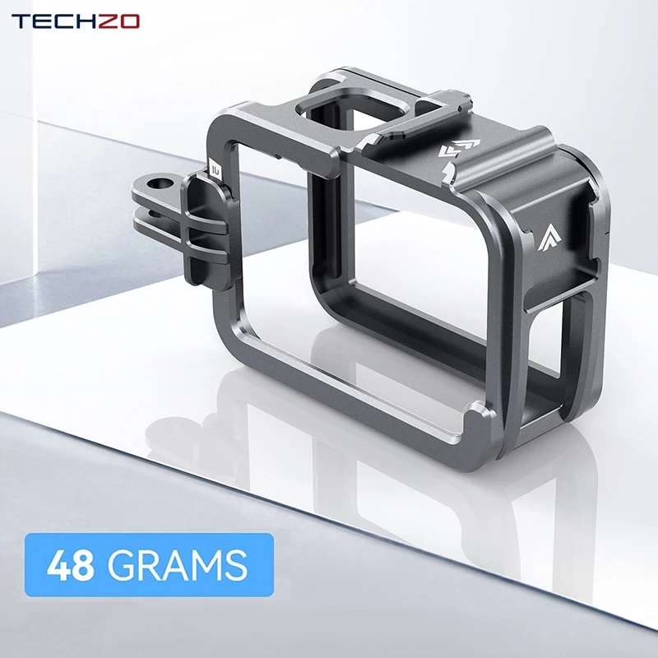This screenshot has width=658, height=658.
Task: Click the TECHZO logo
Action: [76, 21]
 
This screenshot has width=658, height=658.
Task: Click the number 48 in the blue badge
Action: [71, 565]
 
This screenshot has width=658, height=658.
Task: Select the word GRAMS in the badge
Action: [178, 565]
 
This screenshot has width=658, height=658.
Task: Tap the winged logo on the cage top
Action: [459, 148]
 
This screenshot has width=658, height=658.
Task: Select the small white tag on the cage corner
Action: [216, 169]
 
